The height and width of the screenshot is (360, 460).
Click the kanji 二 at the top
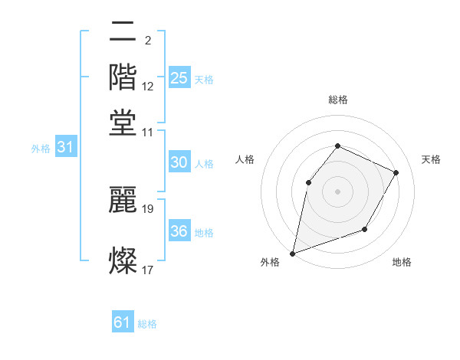tap(123, 33)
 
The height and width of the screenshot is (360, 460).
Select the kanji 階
tap(123, 77)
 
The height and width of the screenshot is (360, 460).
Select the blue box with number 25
tap(179, 77)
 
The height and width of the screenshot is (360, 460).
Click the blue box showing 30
tap(179, 162)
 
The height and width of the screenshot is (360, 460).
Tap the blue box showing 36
tap(179, 231)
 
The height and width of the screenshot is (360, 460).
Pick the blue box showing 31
tap(65, 148)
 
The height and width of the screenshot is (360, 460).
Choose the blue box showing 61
tap(123, 322)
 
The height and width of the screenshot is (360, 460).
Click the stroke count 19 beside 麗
tap(149, 208)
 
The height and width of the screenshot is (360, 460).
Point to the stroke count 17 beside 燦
tap(148, 270)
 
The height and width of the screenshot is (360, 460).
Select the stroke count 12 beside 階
tap(148, 86)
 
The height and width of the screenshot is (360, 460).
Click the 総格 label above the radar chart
tap(337, 100)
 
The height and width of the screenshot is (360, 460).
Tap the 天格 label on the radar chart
tap(431, 159)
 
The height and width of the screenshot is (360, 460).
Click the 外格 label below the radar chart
tap(270, 263)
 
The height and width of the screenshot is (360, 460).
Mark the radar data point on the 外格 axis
tap(292, 253)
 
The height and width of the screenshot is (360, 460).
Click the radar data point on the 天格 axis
tap(396, 172)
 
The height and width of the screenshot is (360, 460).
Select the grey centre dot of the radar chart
tap(337, 191)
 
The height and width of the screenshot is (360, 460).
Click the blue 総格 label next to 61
tap(147, 324)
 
